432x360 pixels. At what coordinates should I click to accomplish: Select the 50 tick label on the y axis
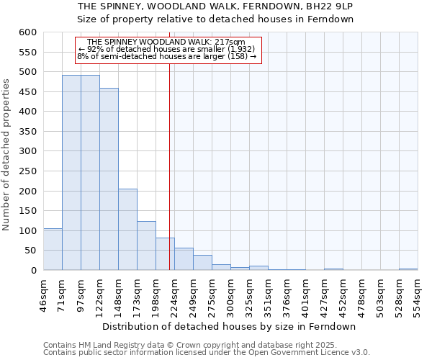coord(30,251)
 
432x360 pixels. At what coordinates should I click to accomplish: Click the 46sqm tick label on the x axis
coord(44,294)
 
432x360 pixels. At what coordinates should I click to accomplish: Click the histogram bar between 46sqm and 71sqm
coord(53,249)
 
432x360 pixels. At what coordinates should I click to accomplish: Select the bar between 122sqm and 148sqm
coord(109,179)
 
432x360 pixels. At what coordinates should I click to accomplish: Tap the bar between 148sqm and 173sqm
coord(127,230)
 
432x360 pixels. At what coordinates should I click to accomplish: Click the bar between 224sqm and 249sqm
coord(184,259)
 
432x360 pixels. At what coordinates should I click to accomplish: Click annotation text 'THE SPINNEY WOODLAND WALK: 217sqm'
coord(166,42)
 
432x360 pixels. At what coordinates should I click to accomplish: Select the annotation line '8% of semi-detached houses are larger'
coord(166,57)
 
